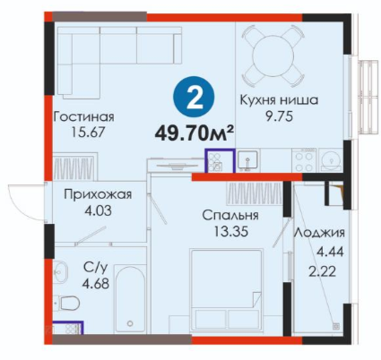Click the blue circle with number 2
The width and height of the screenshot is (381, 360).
[x=194, y=99]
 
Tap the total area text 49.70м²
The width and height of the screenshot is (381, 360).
[x=194, y=133]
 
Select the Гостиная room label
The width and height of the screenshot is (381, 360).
[x=83, y=116]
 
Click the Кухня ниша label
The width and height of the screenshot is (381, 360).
[x=279, y=100]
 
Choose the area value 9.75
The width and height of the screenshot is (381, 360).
[x=279, y=116]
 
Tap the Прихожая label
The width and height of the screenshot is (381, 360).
[x=98, y=195]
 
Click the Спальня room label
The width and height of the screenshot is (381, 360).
[x=230, y=215]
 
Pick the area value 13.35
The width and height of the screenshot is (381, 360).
[x=231, y=231]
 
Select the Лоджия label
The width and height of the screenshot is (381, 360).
[x=319, y=234]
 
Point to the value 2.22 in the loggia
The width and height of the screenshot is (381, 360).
[x=322, y=271]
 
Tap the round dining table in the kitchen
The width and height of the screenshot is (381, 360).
[x=273, y=56]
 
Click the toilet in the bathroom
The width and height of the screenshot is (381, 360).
[x=69, y=304]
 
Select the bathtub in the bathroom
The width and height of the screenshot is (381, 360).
[x=130, y=299]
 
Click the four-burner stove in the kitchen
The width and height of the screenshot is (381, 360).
[x=305, y=160]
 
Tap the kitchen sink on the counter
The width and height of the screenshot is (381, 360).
[x=247, y=160]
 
